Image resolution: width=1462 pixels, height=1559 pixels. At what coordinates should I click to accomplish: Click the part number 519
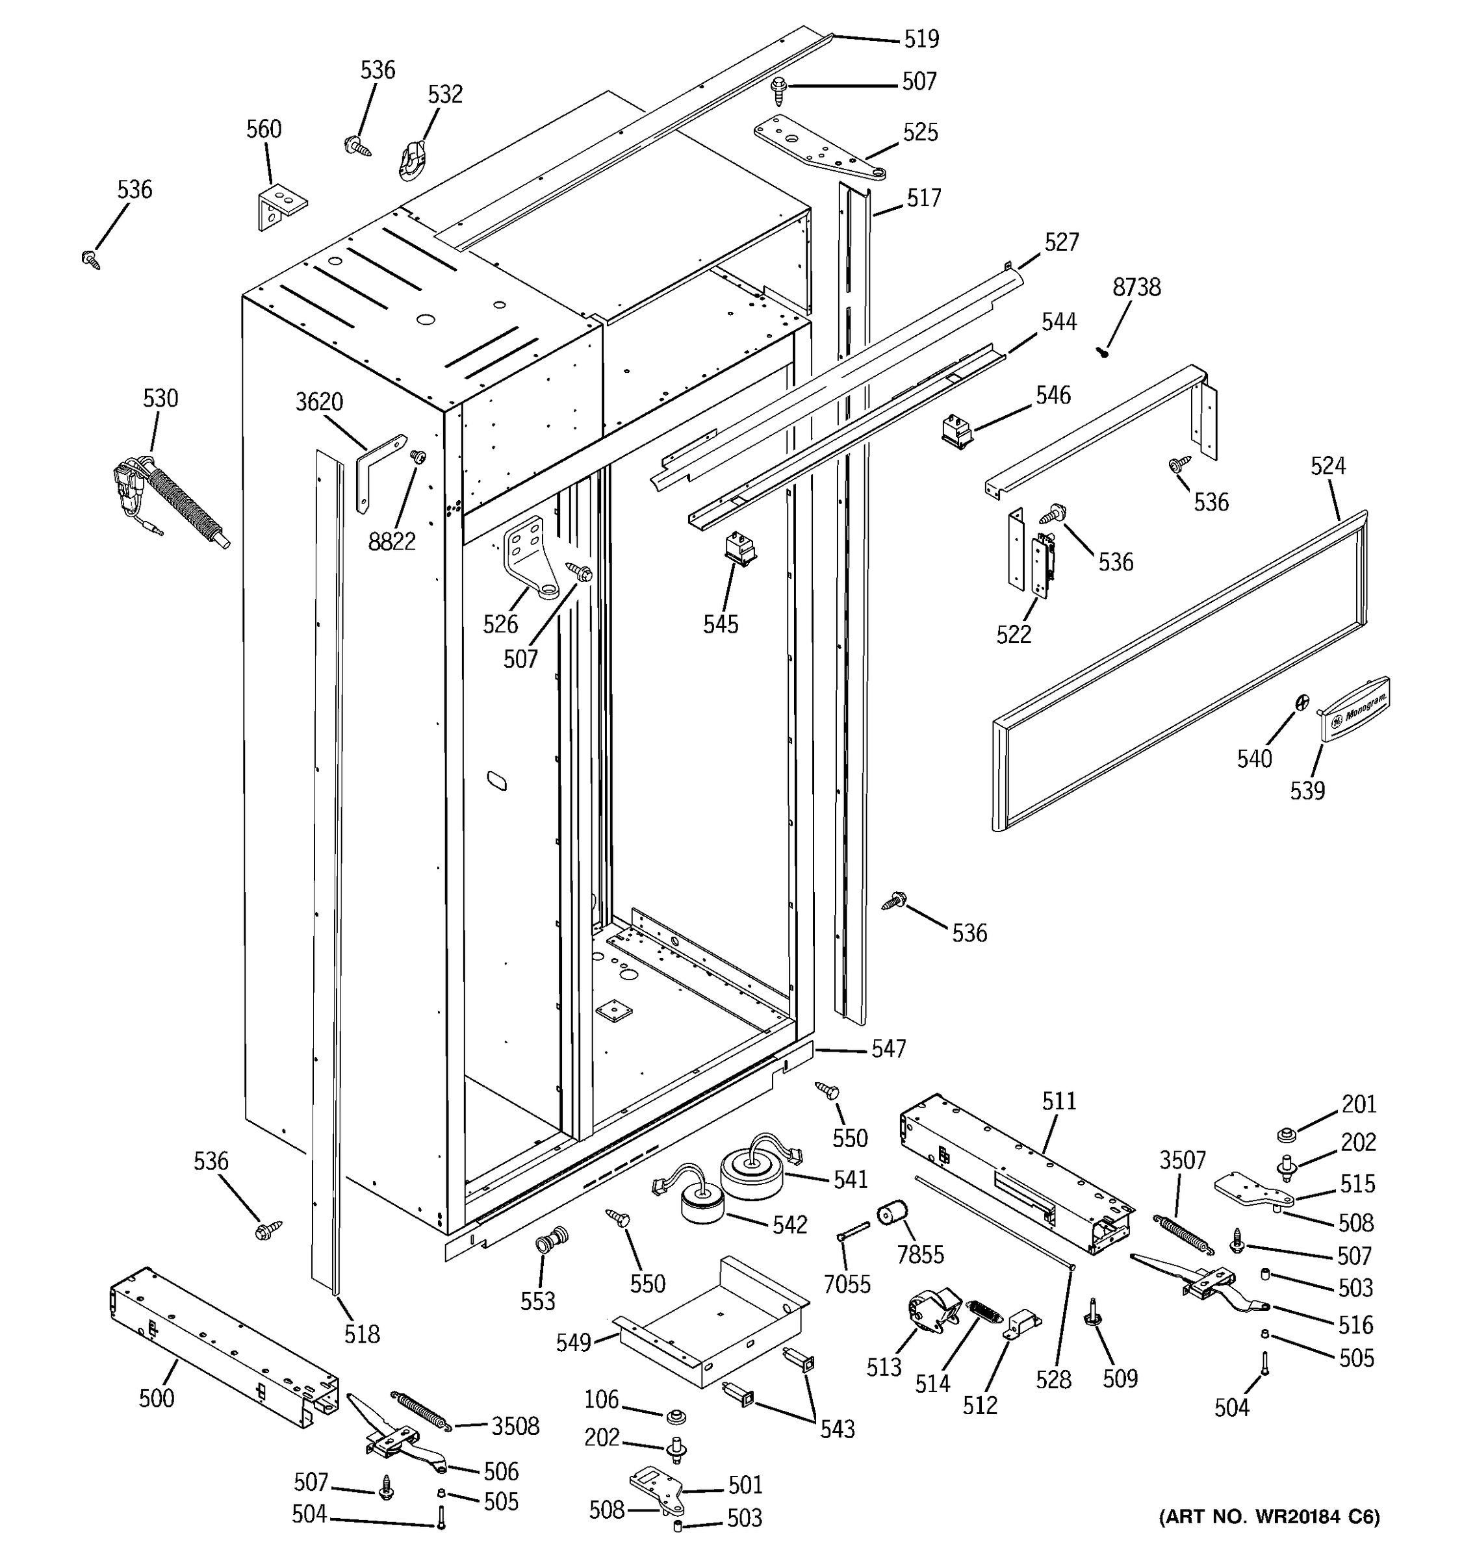point(921,39)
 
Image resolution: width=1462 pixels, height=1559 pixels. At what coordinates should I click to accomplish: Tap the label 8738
point(1136,288)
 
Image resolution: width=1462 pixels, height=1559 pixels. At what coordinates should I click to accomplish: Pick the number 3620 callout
point(319,402)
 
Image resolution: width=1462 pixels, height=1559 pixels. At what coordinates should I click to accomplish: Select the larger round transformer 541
point(753,1174)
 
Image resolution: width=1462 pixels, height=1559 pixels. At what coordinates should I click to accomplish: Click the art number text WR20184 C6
point(1268,1539)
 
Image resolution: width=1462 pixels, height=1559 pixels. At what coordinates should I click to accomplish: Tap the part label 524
point(1328,466)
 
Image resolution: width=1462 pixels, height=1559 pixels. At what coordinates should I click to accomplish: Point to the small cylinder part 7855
point(891,1215)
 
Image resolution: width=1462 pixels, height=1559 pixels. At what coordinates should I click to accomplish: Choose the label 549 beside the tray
point(573,1343)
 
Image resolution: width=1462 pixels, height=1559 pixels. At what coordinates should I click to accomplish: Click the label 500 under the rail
point(157,1399)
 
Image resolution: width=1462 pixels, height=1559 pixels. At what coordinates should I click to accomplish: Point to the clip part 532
point(412,160)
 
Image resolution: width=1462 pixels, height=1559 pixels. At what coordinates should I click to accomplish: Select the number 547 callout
point(889,1049)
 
